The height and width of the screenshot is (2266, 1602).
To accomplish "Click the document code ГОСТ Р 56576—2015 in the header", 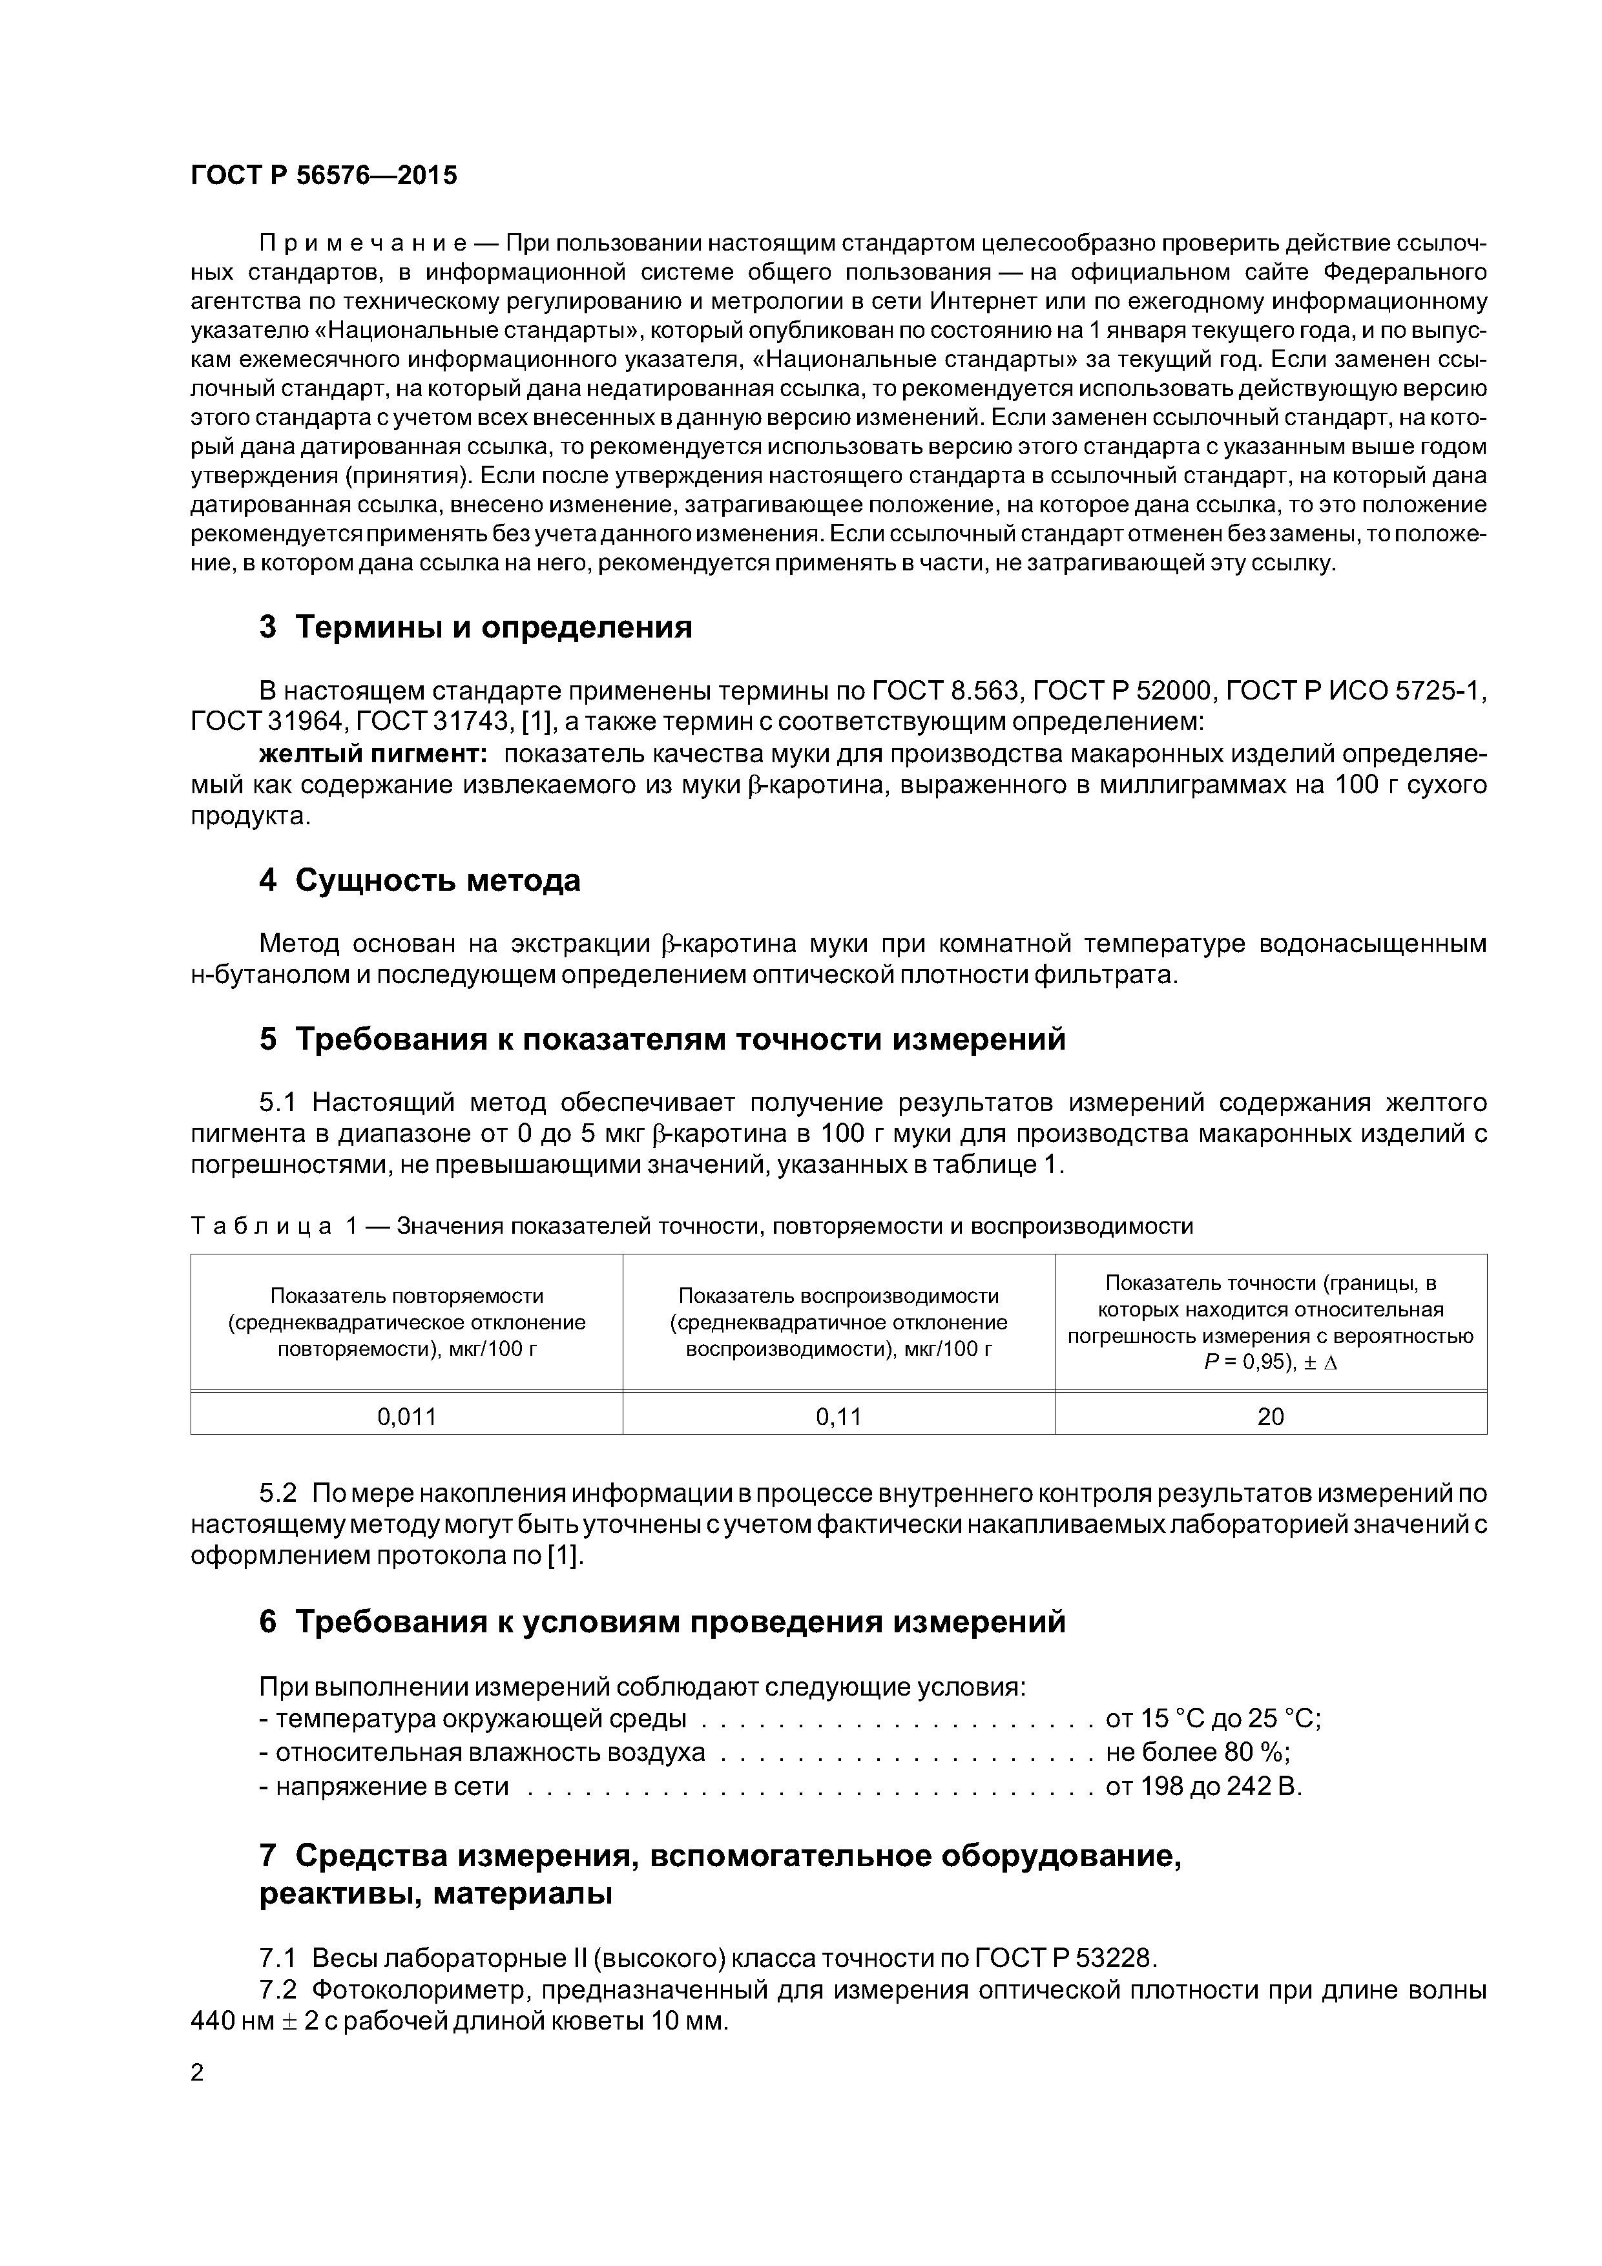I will point(324,176).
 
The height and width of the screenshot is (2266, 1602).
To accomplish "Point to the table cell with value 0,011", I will point(407,1417).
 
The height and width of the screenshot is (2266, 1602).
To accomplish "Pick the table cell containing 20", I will point(1271,1417).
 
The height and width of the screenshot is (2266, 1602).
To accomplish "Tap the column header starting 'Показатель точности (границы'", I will point(1271,1283).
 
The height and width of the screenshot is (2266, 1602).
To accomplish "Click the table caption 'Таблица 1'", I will point(262,1226).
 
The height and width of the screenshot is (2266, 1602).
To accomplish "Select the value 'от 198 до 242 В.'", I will point(1204,1786).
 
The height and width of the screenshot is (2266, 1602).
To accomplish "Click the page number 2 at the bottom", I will point(198,2073).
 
